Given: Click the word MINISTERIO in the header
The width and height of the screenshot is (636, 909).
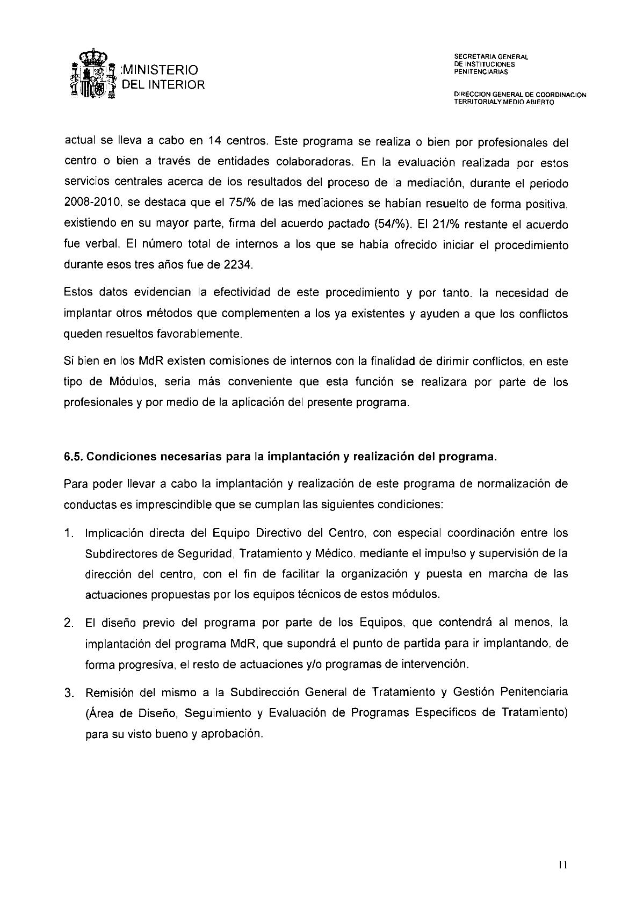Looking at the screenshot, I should coord(161,70).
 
